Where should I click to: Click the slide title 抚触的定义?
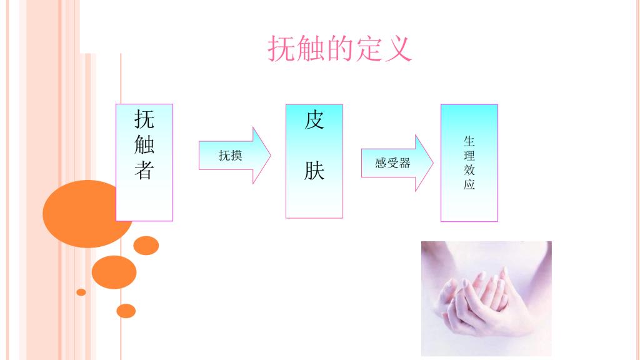click(x=340, y=49)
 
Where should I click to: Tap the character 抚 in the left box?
click(x=144, y=119)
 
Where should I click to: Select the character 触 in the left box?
click(x=144, y=145)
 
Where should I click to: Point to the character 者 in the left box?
click(x=144, y=171)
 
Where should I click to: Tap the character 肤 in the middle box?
click(x=314, y=171)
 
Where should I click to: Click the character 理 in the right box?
click(x=469, y=156)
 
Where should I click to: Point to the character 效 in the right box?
click(x=469, y=170)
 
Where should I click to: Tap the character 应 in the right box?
click(x=469, y=185)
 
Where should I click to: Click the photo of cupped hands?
click(x=486, y=298)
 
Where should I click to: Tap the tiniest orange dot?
click(x=81, y=292)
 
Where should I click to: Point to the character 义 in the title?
click(x=398, y=49)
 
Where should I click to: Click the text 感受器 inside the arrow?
click(x=392, y=164)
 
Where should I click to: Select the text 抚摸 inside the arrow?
click(x=230, y=156)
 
